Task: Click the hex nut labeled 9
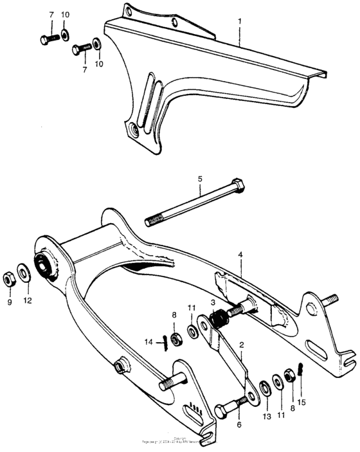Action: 10,278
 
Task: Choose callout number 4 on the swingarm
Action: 240,255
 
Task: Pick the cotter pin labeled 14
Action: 165,341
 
